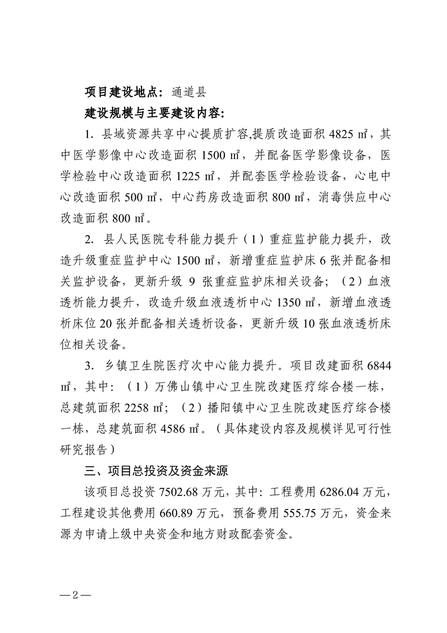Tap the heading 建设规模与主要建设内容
click(154, 113)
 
